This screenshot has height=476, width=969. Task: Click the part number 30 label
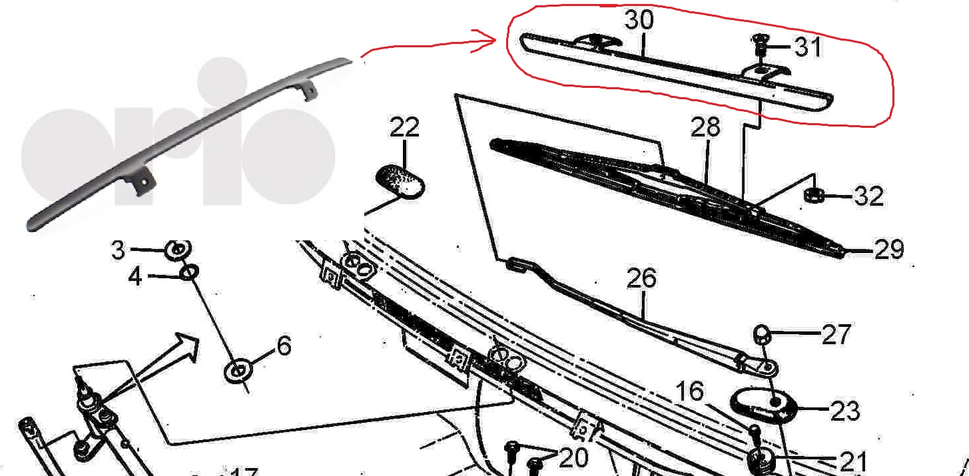point(639,20)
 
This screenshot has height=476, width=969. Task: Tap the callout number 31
point(808,47)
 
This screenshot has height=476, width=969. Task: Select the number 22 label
point(404,127)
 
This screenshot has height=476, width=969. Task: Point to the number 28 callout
point(705,127)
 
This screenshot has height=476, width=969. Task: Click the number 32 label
point(868,196)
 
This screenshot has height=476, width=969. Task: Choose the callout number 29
point(889,250)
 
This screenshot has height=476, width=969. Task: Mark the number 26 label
point(641,278)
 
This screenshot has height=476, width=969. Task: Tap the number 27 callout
point(836,334)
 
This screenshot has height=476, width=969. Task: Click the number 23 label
point(845,411)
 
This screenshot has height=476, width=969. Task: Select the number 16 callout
point(689,391)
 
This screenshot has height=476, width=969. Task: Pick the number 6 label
point(284,346)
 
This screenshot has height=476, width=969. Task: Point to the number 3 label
point(118,250)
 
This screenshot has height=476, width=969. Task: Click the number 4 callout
point(135,276)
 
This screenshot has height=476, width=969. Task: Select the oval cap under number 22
point(400,182)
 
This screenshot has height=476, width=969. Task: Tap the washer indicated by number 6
point(238,371)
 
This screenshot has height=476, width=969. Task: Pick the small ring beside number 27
point(762,334)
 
